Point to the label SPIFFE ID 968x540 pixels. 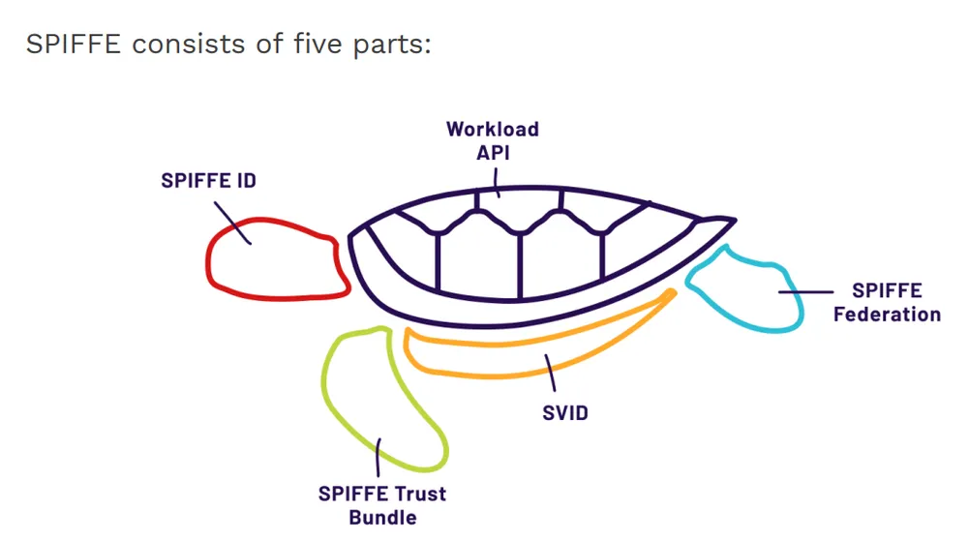(x=208, y=181)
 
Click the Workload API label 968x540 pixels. (x=492, y=140)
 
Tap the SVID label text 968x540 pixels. (x=565, y=413)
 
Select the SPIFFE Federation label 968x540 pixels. (x=887, y=302)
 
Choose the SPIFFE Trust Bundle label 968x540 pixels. (x=382, y=505)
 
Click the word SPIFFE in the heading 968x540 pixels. (x=74, y=45)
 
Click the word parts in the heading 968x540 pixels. (x=391, y=45)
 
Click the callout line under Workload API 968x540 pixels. (x=497, y=181)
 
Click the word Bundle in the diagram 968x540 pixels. (x=382, y=518)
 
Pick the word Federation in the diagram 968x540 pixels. (x=887, y=315)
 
